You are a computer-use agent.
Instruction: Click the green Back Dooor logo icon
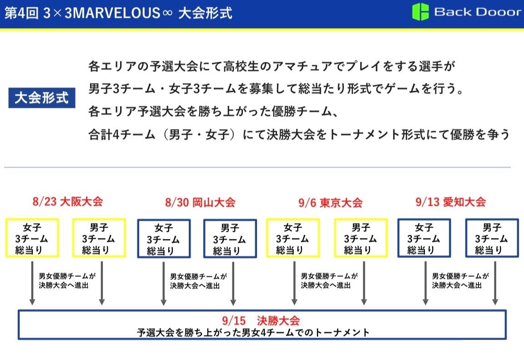point(420,12)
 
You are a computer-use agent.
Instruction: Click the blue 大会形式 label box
point(41,97)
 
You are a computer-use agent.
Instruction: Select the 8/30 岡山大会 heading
point(200,202)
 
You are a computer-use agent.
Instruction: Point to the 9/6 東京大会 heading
point(330,203)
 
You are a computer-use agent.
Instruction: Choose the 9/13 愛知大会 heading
point(451,202)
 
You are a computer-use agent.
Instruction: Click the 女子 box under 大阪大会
point(32,238)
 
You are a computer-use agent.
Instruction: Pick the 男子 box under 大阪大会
point(99,238)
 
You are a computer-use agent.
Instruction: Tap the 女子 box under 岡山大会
point(163,239)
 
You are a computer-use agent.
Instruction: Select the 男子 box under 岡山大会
point(230,239)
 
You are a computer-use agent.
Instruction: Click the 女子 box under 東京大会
point(293,238)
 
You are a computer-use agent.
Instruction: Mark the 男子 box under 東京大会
point(360,238)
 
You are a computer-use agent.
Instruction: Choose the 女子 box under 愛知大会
point(424,238)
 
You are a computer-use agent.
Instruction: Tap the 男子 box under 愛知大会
point(492,238)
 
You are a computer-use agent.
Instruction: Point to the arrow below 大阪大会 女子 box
point(32,282)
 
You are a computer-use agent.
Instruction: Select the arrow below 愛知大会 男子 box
point(495,282)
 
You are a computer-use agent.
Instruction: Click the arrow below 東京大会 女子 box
point(294,282)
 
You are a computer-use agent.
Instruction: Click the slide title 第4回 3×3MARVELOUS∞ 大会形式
point(118,13)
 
